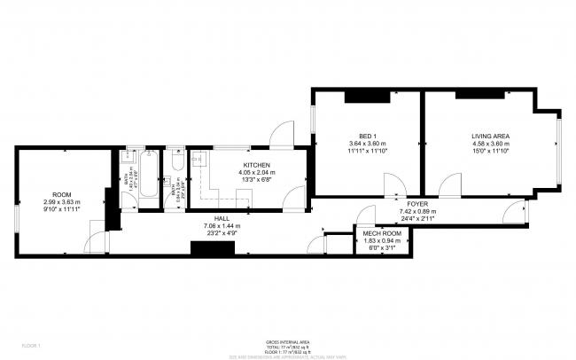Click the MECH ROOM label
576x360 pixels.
point(379,233)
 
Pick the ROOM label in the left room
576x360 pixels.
point(61,194)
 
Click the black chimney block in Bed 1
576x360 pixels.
point(362,95)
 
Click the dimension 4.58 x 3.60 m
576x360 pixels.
point(490,144)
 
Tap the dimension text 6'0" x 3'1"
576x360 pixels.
point(379,248)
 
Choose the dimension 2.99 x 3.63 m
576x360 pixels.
point(61,202)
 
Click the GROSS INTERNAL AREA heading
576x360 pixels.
point(287,341)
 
